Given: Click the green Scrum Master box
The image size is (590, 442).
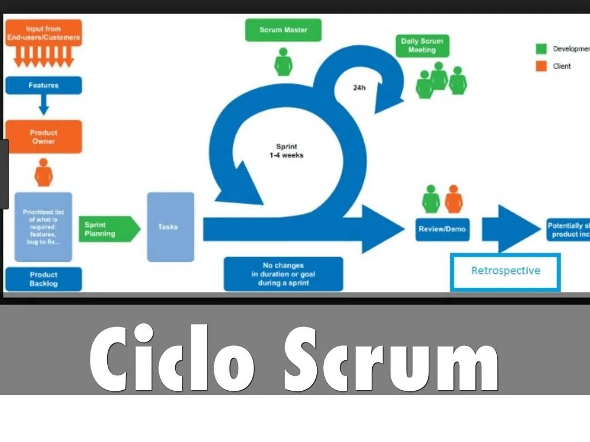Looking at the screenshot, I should pos(283,30).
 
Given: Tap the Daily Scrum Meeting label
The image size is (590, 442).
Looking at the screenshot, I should pos(422,45).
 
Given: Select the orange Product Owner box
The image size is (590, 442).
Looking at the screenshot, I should pos(44,137).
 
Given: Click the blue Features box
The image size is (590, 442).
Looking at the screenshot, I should pos(44,85).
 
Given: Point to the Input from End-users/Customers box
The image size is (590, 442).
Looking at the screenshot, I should pos(44,33).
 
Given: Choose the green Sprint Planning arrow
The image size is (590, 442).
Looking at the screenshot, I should pos(108,229).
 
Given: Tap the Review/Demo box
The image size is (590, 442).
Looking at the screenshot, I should pos(442,229).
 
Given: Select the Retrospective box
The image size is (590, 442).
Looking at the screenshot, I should pos(505,270).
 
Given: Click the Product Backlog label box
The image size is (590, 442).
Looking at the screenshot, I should pos(44,279).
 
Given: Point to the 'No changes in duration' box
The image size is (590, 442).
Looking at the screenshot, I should pos(283,274).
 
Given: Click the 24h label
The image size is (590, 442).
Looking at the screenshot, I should pos(360,88).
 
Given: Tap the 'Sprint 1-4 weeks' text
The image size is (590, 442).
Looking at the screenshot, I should pos(286,151).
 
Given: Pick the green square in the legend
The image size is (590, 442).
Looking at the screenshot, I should pos(541,49).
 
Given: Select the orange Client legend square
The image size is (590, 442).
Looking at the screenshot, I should pos(541,66).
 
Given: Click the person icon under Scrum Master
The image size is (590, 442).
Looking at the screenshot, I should pos(283,62).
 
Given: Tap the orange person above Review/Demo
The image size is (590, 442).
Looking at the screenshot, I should pos(454,199).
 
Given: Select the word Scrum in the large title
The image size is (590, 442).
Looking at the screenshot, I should pos(392,360).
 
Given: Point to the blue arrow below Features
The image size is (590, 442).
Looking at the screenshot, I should pos(44,105).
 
